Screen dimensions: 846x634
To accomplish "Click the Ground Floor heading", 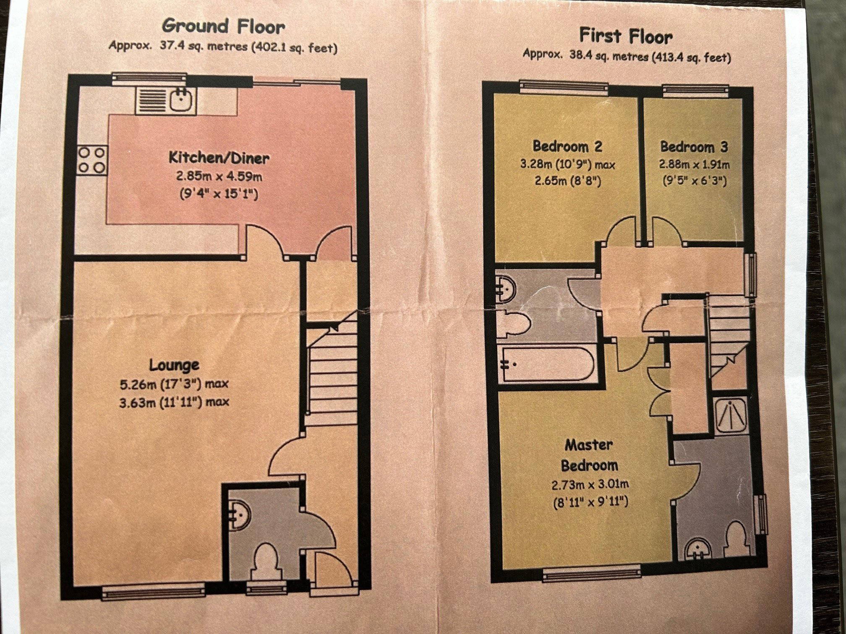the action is [224, 26].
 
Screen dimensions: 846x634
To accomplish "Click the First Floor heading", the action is [626, 36].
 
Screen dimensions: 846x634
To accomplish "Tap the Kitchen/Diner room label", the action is [219, 158].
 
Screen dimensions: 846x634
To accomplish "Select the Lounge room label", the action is [175, 365].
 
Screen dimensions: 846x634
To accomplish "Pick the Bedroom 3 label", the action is [694, 147].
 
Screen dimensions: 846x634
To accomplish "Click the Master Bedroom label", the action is [589, 455].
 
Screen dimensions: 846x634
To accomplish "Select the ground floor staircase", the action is [331, 369].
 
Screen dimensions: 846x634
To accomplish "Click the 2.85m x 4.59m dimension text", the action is [219, 177].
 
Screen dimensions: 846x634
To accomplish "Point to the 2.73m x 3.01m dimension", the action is [590, 485].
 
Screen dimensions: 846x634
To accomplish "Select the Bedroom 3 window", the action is [696, 89].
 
